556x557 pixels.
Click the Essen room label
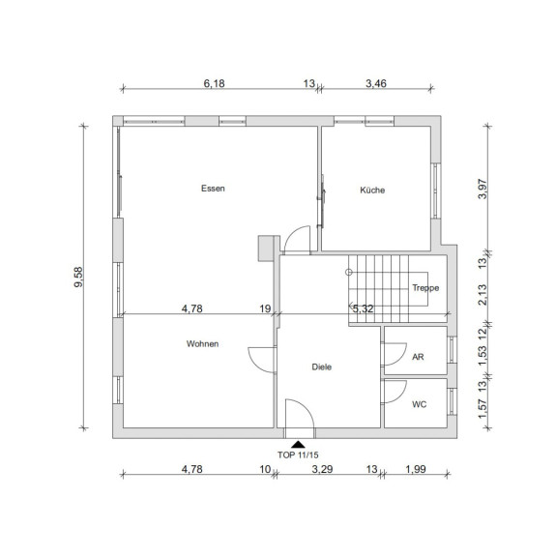point(213,189)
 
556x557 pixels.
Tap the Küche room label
point(372,191)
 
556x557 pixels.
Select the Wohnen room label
point(202,344)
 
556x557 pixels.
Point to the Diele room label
point(322,366)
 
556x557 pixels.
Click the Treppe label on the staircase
point(425,288)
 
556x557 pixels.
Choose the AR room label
point(418,357)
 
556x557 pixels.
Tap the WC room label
point(420,404)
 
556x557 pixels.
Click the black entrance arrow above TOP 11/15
point(298,444)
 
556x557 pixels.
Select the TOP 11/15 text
point(298,454)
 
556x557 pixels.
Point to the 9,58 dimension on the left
point(77,278)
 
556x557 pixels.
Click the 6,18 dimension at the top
point(215,83)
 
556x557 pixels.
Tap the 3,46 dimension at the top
point(376,83)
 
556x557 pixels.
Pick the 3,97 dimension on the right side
point(483,189)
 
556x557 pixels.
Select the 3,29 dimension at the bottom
point(322,469)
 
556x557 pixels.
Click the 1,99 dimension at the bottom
point(416,469)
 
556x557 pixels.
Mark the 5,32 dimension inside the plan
point(363,308)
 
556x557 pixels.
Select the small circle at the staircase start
point(349,273)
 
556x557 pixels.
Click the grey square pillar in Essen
point(266,249)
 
